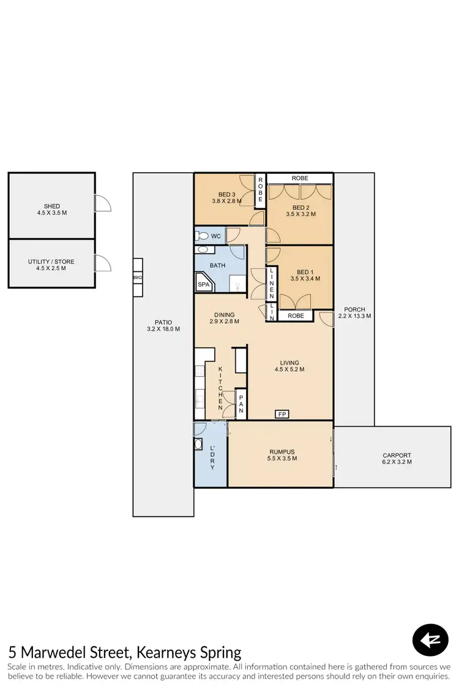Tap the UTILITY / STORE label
(52, 265)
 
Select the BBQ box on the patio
(138, 277)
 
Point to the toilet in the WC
(201, 236)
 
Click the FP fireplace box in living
(282, 415)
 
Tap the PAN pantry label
(241, 404)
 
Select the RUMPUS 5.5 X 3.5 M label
(282, 454)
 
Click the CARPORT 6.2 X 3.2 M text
(397, 459)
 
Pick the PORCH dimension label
(354, 313)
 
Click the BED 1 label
(305, 275)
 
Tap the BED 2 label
(300, 211)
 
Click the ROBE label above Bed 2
(300, 178)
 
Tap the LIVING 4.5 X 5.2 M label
(289, 366)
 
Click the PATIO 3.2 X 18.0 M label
(163, 325)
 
